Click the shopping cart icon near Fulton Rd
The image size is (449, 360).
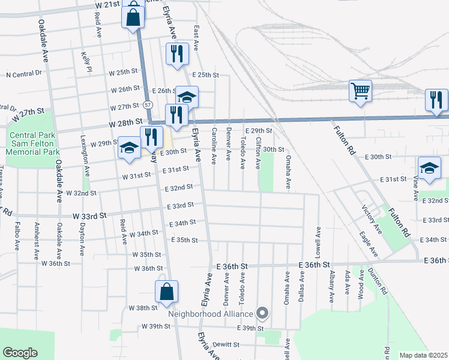tap(360, 92)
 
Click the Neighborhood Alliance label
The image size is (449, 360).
tap(211, 313)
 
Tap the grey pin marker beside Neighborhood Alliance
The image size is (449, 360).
tap(262, 313)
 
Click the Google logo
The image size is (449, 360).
tap(19, 353)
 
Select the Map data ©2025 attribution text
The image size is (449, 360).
tap(423, 355)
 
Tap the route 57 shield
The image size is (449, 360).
tap(148, 105)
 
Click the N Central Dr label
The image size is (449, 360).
tap(25, 74)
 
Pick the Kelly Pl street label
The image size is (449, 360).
tap(85, 62)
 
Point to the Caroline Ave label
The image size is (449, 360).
tap(214, 149)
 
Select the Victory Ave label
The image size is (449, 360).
tap(372, 218)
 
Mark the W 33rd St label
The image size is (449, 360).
tap(90, 215)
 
